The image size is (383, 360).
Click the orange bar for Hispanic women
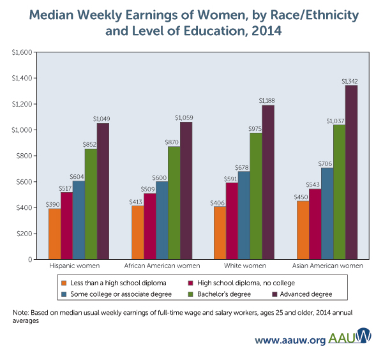[x=54, y=234]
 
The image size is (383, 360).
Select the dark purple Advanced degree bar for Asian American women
[x=351, y=172]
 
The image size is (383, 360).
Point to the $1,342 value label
[x=350, y=81]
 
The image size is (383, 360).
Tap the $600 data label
[x=161, y=177]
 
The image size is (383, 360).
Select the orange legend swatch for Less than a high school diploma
[x=63, y=282]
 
